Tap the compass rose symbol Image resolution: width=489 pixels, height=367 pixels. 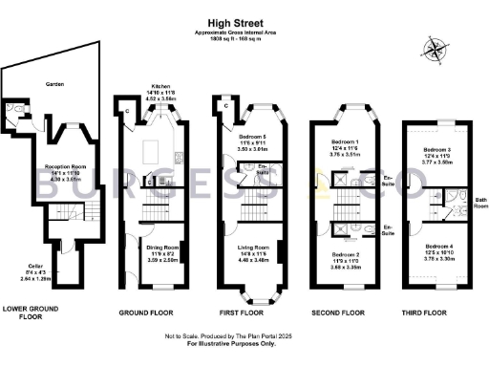coord(437,51)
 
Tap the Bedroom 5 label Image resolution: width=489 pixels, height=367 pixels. coord(252,138)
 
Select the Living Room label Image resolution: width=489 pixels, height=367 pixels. coord(252,248)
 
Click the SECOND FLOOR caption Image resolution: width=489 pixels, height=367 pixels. coord(339,312)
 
